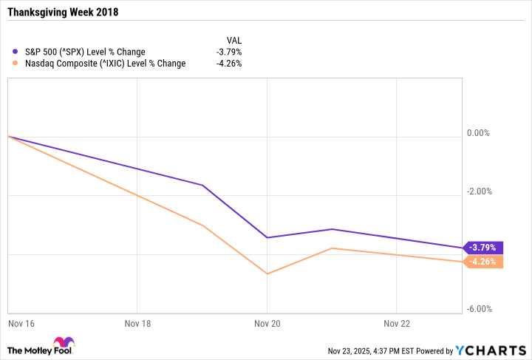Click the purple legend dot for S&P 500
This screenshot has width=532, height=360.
pyautogui.click(x=16, y=52)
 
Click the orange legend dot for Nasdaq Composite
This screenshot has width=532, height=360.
pyautogui.click(x=16, y=64)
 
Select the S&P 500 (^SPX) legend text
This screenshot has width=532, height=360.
pyautogui.click(x=84, y=52)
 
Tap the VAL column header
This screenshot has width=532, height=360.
pyautogui.click(x=233, y=40)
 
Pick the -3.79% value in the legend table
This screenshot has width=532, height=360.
pyautogui.click(x=228, y=52)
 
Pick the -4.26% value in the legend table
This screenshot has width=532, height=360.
pyautogui.click(x=228, y=64)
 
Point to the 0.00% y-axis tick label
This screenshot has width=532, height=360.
pyautogui.click(x=479, y=133)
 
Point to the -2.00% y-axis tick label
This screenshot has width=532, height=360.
pyautogui.click(x=478, y=191)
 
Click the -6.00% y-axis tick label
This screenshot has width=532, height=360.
pyautogui.click(x=478, y=309)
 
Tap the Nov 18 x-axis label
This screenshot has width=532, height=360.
pyautogui.click(x=137, y=322)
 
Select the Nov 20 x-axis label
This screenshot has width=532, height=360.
pyautogui.click(x=267, y=322)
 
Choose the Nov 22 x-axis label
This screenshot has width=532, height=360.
pyautogui.click(x=397, y=322)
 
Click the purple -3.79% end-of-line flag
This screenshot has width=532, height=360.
pyautogui.click(x=484, y=248)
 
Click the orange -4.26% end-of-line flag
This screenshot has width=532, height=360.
pyautogui.click(x=484, y=262)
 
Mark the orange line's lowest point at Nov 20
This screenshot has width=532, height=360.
pyautogui.click(x=267, y=274)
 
